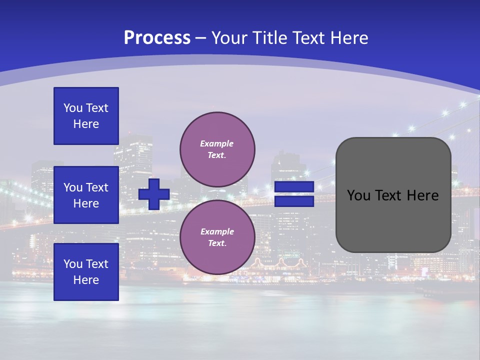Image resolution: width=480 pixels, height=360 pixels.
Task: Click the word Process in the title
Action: (157, 38)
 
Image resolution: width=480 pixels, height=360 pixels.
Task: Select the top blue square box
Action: (86, 116)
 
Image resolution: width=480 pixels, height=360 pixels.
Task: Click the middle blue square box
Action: (86, 195)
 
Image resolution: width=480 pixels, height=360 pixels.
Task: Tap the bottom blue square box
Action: (86, 272)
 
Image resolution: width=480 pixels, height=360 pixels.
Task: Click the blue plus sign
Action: (154, 194)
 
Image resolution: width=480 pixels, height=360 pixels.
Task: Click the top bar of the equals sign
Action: (294, 187)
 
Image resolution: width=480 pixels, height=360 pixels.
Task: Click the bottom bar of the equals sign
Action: (294, 201)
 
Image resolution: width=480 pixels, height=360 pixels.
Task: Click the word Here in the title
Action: (349, 38)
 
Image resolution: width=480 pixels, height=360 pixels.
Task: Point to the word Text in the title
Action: (308, 38)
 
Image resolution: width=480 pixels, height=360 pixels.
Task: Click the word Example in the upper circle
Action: (216, 143)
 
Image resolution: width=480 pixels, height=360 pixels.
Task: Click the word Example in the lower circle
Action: (216, 231)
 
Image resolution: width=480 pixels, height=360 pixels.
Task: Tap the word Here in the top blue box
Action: (86, 124)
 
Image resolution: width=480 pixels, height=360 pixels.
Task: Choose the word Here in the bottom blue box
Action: (86, 280)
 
